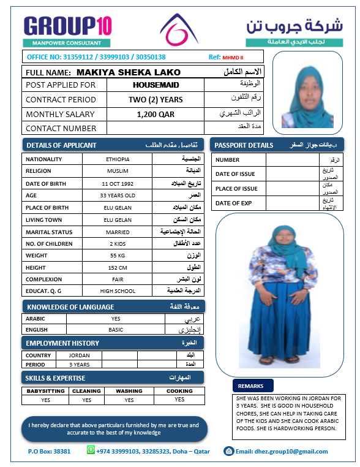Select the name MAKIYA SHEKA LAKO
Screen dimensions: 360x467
click(129, 72)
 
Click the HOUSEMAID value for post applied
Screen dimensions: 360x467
click(156, 85)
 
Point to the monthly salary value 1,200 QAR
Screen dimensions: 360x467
click(156, 114)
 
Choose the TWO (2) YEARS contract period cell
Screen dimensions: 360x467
click(156, 99)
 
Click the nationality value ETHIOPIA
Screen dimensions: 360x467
click(118, 159)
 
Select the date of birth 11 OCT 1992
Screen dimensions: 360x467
click(118, 183)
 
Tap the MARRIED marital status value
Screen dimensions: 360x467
click(118, 232)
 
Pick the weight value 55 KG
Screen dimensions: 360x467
click(118, 255)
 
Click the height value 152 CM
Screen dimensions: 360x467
click(118, 268)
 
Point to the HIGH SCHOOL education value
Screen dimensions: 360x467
click(118, 290)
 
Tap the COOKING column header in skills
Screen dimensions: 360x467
click(179, 390)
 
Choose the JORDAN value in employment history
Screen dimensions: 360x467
click(80, 355)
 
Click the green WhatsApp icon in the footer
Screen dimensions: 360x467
click(92, 450)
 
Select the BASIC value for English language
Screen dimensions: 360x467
click(116, 329)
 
